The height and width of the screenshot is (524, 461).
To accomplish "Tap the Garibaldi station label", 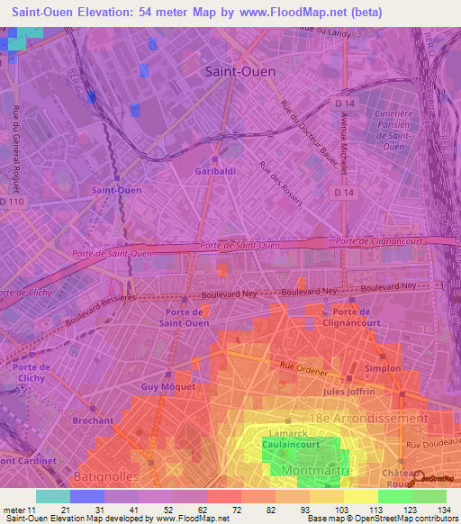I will pyautogui.click(x=215, y=170).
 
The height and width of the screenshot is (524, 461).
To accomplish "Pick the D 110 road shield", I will pyautogui.click(x=13, y=202).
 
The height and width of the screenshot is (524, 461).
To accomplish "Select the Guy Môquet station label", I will pyautogui.click(x=163, y=386).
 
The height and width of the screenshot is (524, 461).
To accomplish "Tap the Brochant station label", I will pyautogui.click(x=94, y=420).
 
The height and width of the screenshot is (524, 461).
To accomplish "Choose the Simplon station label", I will pyautogui.click(x=384, y=369).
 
